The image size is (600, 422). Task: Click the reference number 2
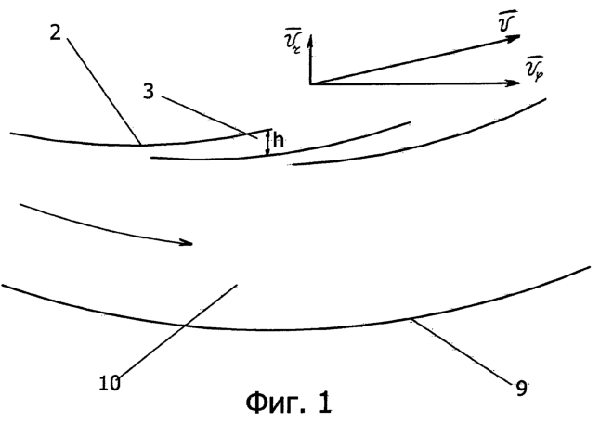[56, 32]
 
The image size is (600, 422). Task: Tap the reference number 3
[149, 92]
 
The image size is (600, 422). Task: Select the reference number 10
[110, 383]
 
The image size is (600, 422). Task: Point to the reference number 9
[521, 389]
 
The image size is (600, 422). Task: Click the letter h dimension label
[279, 141]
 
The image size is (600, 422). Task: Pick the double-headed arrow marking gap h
[267, 143]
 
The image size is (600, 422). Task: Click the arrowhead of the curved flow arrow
[187, 242]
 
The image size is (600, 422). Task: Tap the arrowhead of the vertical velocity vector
[310, 41]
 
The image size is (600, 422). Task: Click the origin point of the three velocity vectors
[310, 83]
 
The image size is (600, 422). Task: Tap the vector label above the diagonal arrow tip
[507, 21]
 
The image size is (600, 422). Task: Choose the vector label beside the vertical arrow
[293, 41]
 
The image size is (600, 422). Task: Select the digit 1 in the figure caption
[325, 403]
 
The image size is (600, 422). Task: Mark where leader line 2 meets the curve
[141, 145]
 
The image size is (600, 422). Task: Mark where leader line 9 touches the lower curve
[411, 318]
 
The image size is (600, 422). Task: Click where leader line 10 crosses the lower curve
[184, 326]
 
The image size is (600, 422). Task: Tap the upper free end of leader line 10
[237, 285]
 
